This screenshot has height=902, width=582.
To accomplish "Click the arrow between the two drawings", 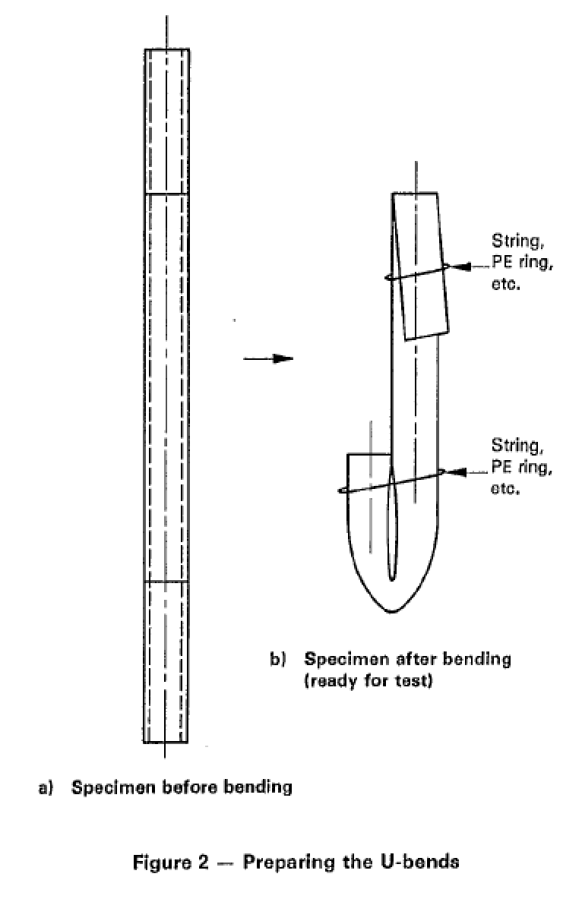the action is tap(268, 358).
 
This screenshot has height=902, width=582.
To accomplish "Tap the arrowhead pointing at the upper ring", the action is tap(460, 266).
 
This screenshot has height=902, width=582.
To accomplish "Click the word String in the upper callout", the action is tap(517, 241).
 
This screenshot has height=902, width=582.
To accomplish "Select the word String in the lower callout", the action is tap(517, 445).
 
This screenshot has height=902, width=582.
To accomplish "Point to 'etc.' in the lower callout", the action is tap(505, 488).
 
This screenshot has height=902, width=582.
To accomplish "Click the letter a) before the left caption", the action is tap(46, 787).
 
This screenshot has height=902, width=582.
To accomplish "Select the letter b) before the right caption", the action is tap(277, 659).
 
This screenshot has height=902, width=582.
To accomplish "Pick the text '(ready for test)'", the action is tap(368, 681).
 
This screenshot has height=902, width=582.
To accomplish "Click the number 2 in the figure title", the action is tap(201, 863).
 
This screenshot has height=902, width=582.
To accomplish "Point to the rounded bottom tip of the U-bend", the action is tap(392, 611).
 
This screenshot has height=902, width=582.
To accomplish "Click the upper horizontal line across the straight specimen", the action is tap(166, 194).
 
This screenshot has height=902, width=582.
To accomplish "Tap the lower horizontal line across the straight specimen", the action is tap(166, 582).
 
